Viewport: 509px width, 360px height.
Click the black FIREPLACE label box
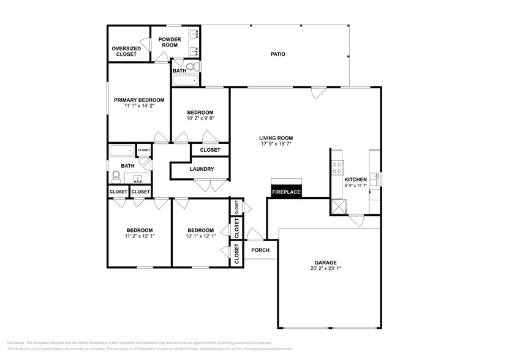tap(287, 192)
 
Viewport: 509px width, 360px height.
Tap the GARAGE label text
tap(325, 263)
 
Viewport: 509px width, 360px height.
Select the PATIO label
tap(278, 54)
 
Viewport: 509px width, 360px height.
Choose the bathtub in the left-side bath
tap(121, 151)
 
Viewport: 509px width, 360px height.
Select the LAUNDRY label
tap(201, 169)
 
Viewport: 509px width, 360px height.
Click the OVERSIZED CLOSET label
tap(126, 51)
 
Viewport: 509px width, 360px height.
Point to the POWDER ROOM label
tap(169, 42)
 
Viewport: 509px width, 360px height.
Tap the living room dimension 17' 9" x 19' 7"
tap(276, 145)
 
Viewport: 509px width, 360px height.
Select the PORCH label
tap(260, 250)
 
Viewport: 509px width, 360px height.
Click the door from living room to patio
tap(318, 92)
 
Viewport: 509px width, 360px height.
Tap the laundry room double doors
tap(209, 184)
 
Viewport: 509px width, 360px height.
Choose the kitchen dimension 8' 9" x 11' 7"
tap(355, 186)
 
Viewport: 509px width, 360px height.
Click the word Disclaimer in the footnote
tap(20, 342)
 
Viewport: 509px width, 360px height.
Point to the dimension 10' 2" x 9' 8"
tap(200, 119)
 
